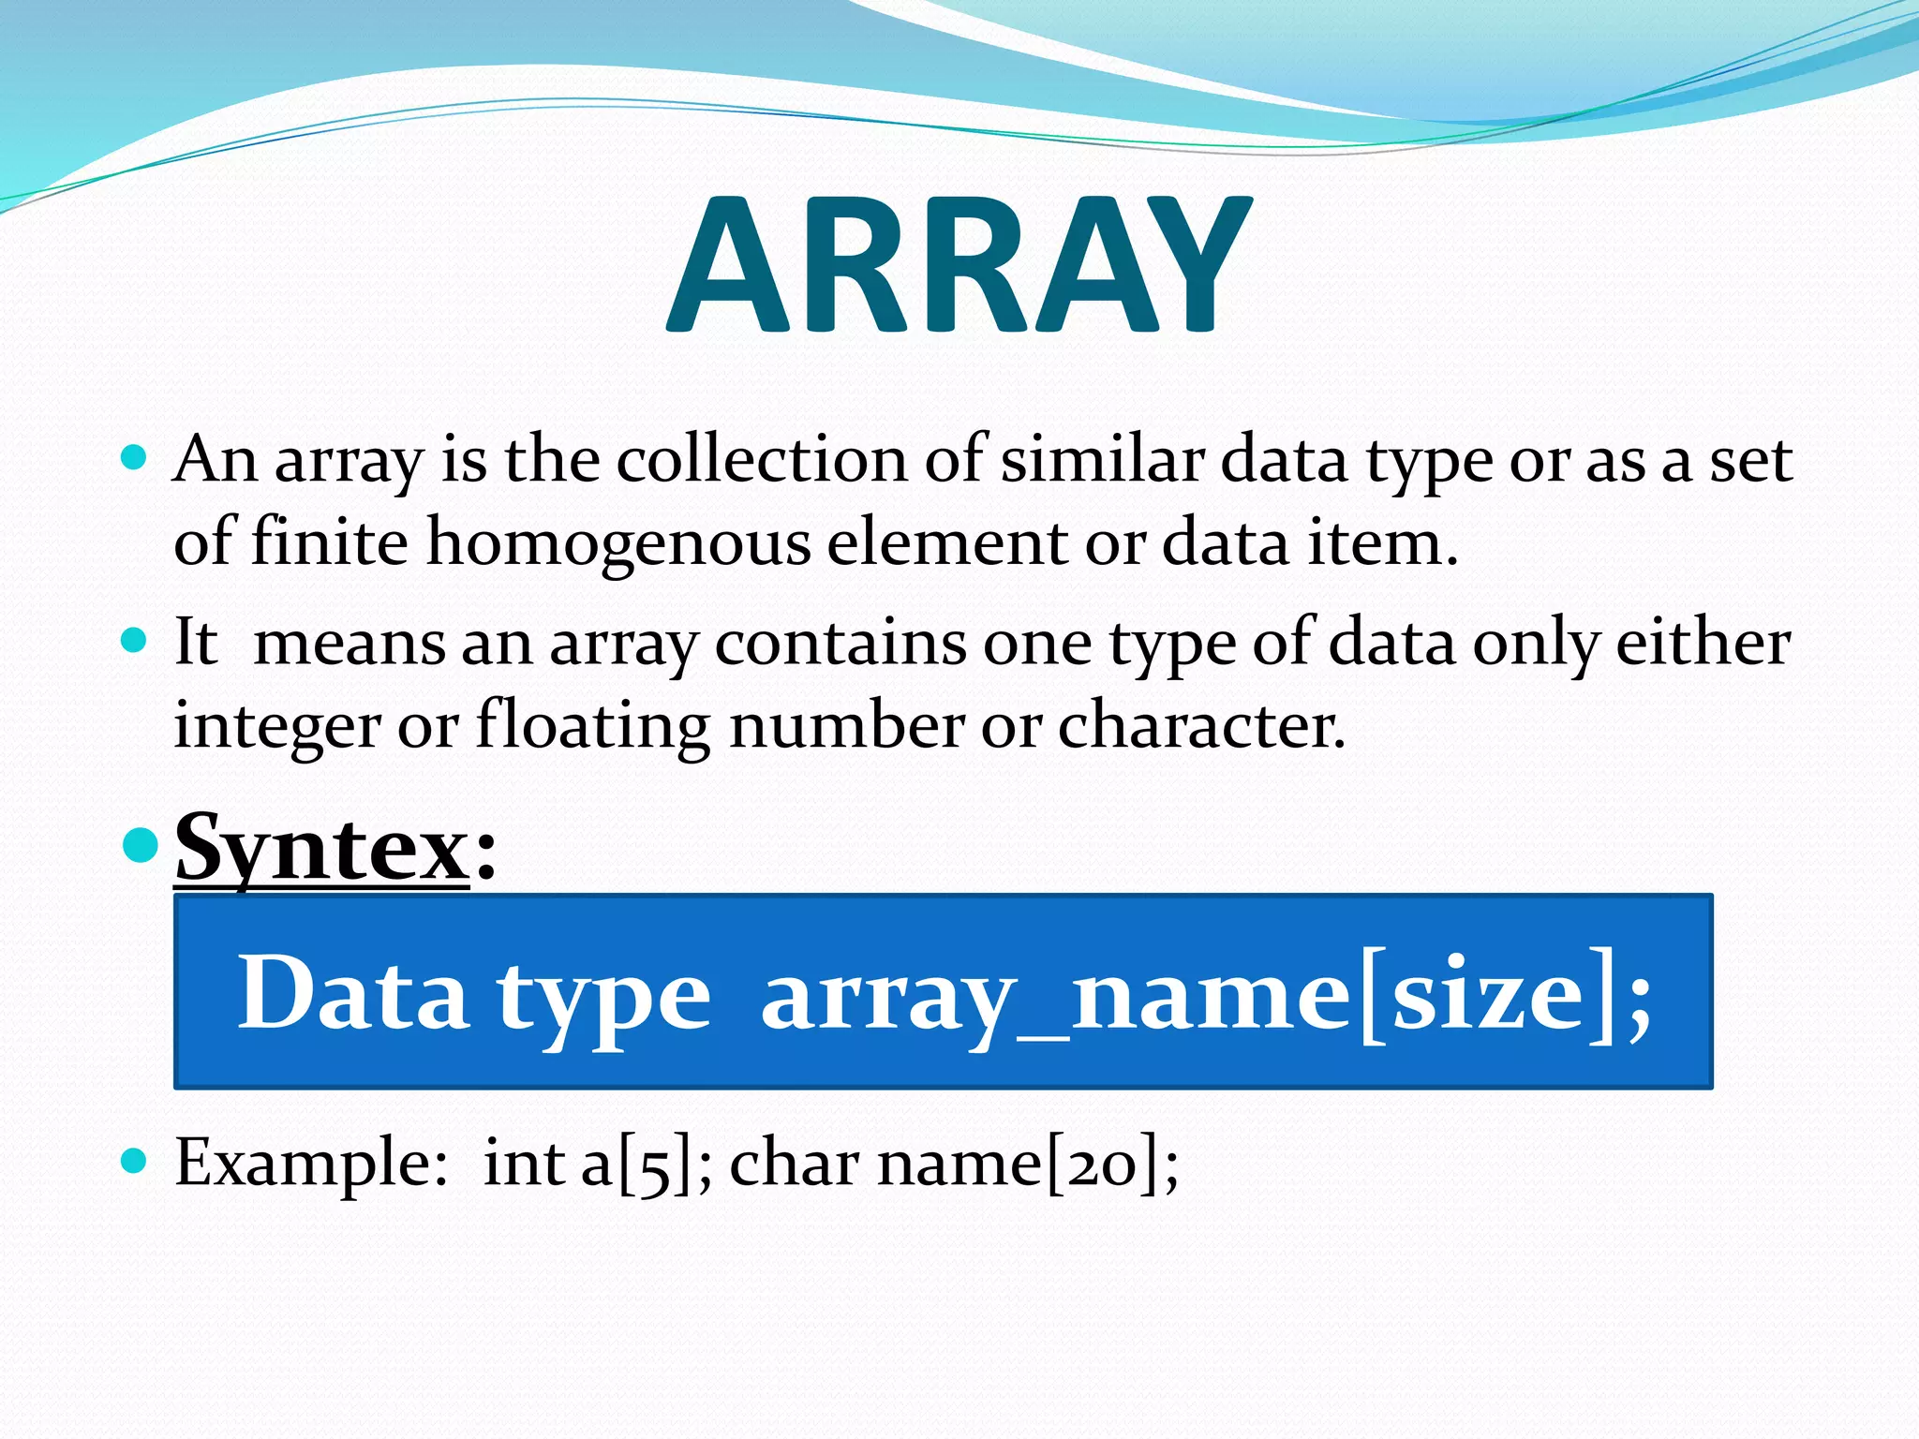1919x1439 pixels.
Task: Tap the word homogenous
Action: [618, 542]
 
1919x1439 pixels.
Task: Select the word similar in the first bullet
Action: [1102, 460]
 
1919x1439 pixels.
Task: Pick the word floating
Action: [592, 726]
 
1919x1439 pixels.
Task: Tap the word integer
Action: [277, 726]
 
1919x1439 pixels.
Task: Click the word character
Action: [1201, 726]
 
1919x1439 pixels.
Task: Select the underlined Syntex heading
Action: [321, 849]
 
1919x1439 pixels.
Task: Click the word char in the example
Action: [794, 1164]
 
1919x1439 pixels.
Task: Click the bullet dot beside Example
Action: [136, 1162]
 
